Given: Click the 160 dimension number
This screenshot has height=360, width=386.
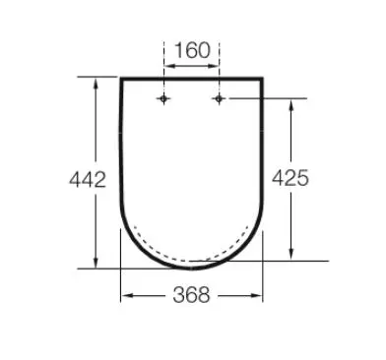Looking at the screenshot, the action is pyautogui.click(x=192, y=50).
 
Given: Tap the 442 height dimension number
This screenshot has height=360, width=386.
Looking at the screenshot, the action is pyautogui.click(x=88, y=179).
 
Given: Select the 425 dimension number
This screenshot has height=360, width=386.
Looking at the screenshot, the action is pyautogui.click(x=290, y=178).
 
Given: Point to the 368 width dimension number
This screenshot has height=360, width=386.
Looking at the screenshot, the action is pyautogui.click(x=191, y=295).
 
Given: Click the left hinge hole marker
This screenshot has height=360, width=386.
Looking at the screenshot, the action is pyautogui.click(x=163, y=98).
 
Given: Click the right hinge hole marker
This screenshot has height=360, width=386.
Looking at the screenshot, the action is pyautogui.click(x=219, y=98).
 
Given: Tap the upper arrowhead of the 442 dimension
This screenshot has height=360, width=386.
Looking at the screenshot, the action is pyautogui.click(x=96, y=84).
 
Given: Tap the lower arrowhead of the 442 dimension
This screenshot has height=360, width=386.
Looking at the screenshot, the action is pyautogui.click(x=96, y=263).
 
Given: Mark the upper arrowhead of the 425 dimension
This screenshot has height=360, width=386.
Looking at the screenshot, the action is pyautogui.click(x=290, y=105).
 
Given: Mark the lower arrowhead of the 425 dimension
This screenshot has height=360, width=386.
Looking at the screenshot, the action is pyautogui.click(x=290, y=254).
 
